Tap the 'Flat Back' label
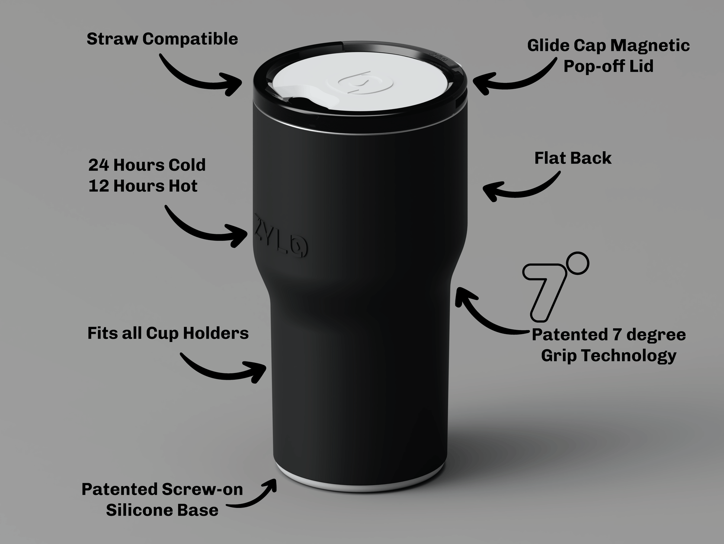coord(573,158)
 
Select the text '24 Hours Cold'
coord(147,165)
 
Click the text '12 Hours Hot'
coord(143,186)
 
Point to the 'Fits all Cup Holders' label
coord(168,333)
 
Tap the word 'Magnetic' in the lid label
coord(650,45)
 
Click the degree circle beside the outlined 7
coord(579,263)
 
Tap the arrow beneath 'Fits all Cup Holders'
coord(223,373)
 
